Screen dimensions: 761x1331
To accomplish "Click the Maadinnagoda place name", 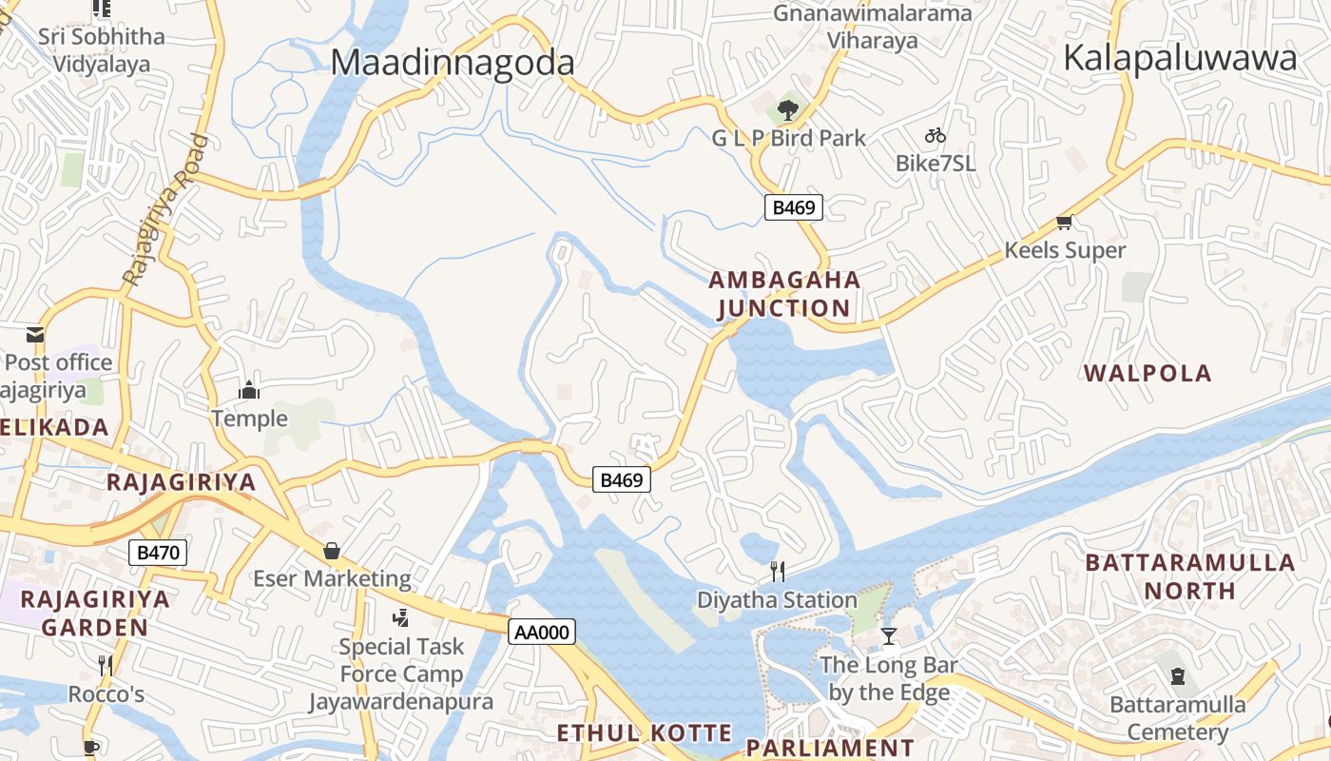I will pos(453,63).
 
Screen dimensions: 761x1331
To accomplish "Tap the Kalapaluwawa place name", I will pos(1180,58).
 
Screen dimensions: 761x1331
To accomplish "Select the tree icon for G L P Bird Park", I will pos(787,111).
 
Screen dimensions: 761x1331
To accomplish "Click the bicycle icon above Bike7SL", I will pos(936,136).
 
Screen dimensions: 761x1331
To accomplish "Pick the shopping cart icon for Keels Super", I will pos(1064,223).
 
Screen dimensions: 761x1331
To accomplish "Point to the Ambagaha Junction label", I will pos(784,294).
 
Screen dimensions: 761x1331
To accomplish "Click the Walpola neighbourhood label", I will pos(1148,373).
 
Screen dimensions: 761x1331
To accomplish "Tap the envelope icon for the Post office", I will pos(35,335).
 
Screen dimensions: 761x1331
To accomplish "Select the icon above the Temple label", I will pos(249,390).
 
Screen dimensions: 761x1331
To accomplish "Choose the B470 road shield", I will pos(158,553).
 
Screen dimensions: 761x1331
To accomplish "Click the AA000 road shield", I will pos(542,632).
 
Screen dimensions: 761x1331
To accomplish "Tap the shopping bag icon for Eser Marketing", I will pos(332,551).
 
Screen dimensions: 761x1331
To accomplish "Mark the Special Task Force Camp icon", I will pos(401,618).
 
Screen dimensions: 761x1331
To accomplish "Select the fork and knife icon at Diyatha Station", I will pos(778,572).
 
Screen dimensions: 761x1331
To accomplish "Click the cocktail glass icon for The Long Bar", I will pos(889,635).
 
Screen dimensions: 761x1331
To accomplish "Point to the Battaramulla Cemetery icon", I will pos(1178,677).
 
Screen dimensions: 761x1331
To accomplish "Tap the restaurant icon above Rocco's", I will pos(106,665).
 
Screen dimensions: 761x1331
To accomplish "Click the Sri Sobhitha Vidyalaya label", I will pos(102,50).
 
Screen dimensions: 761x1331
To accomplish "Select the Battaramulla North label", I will pos(1190,576).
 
